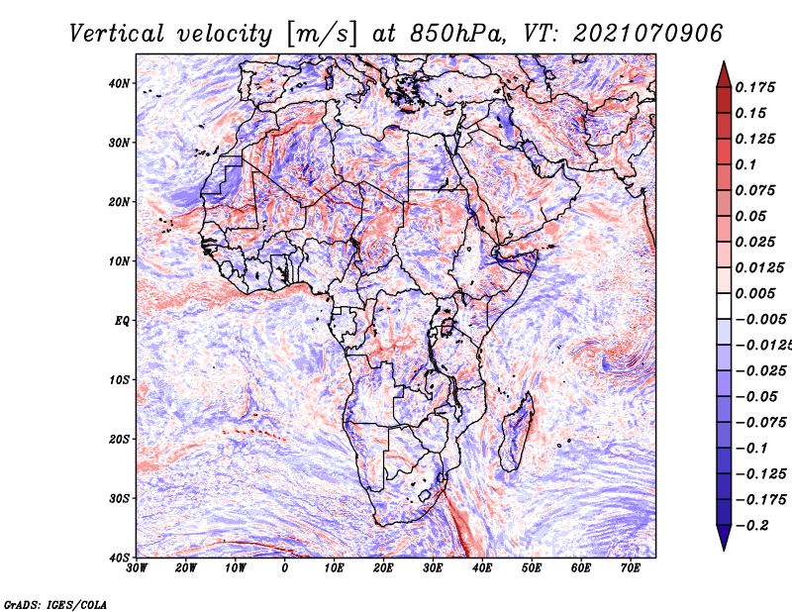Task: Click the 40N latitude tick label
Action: pyautogui.click(x=119, y=83)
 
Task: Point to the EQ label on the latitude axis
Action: pyautogui.click(x=122, y=321)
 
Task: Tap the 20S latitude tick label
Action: pyautogui.click(x=119, y=439)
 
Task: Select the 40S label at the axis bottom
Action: pyautogui.click(x=119, y=558)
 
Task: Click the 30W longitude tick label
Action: pyautogui.click(x=137, y=568)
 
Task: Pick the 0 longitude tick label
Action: pyautogui.click(x=285, y=568)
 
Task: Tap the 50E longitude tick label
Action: pyautogui.click(x=532, y=568)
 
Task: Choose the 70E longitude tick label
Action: pyautogui.click(x=631, y=568)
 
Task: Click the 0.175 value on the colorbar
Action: pyautogui.click(x=755, y=87)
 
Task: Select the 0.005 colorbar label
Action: pyautogui.click(x=755, y=293)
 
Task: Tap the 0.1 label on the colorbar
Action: pyautogui.click(x=746, y=164)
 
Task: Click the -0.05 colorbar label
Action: pyautogui.click(x=757, y=397)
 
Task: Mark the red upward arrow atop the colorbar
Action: pyautogui.click(x=724, y=74)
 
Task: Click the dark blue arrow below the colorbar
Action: pyautogui.click(x=724, y=538)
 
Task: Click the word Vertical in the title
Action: pyautogui.click(x=117, y=34)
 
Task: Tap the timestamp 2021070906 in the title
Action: pyautogui.click(x=648, y=34)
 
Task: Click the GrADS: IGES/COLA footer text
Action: pyautogui.click(x=55, y=604)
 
